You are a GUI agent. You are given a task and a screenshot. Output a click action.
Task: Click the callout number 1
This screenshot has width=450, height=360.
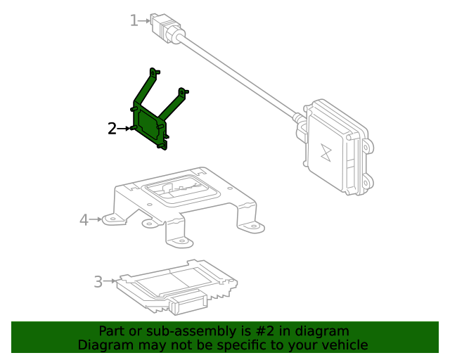134,20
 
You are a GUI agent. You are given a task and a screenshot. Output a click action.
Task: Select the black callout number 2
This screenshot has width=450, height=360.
112,129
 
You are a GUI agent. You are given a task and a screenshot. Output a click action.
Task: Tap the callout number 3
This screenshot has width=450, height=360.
98,282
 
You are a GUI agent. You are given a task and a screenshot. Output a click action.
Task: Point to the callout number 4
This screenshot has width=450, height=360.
84,220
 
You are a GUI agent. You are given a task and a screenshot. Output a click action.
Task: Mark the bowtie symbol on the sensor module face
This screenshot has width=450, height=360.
326,153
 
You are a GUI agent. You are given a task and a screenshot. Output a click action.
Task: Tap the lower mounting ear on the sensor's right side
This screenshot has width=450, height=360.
364,184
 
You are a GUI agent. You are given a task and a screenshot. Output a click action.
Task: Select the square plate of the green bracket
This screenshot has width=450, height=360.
150,124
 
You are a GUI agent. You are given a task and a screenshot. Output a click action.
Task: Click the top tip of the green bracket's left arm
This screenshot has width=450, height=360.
154,71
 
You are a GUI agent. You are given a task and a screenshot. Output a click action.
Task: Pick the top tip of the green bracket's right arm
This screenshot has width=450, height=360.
184,91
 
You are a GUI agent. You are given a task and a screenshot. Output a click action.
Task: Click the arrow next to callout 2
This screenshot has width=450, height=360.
127,129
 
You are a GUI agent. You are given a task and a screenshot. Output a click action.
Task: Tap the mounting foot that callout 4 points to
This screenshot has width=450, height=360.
111,219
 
